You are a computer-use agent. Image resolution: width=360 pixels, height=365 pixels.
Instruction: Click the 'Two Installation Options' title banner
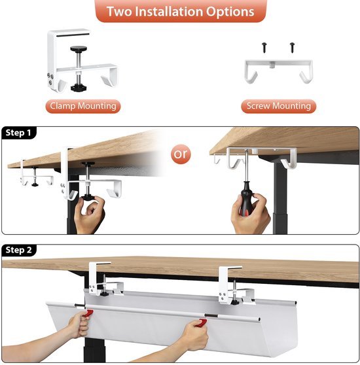[x=180, y=12]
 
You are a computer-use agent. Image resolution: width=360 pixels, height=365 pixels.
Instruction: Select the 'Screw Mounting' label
[x=278, y=105]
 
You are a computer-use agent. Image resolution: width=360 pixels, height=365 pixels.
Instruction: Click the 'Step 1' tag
[x=19, y=133]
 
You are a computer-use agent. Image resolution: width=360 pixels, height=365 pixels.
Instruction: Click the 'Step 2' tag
[x=19, y=250]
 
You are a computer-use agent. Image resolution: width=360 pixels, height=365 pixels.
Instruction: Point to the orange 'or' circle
[x=181, y=155]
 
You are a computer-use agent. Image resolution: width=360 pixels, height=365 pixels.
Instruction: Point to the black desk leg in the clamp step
[x=71, y=209]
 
